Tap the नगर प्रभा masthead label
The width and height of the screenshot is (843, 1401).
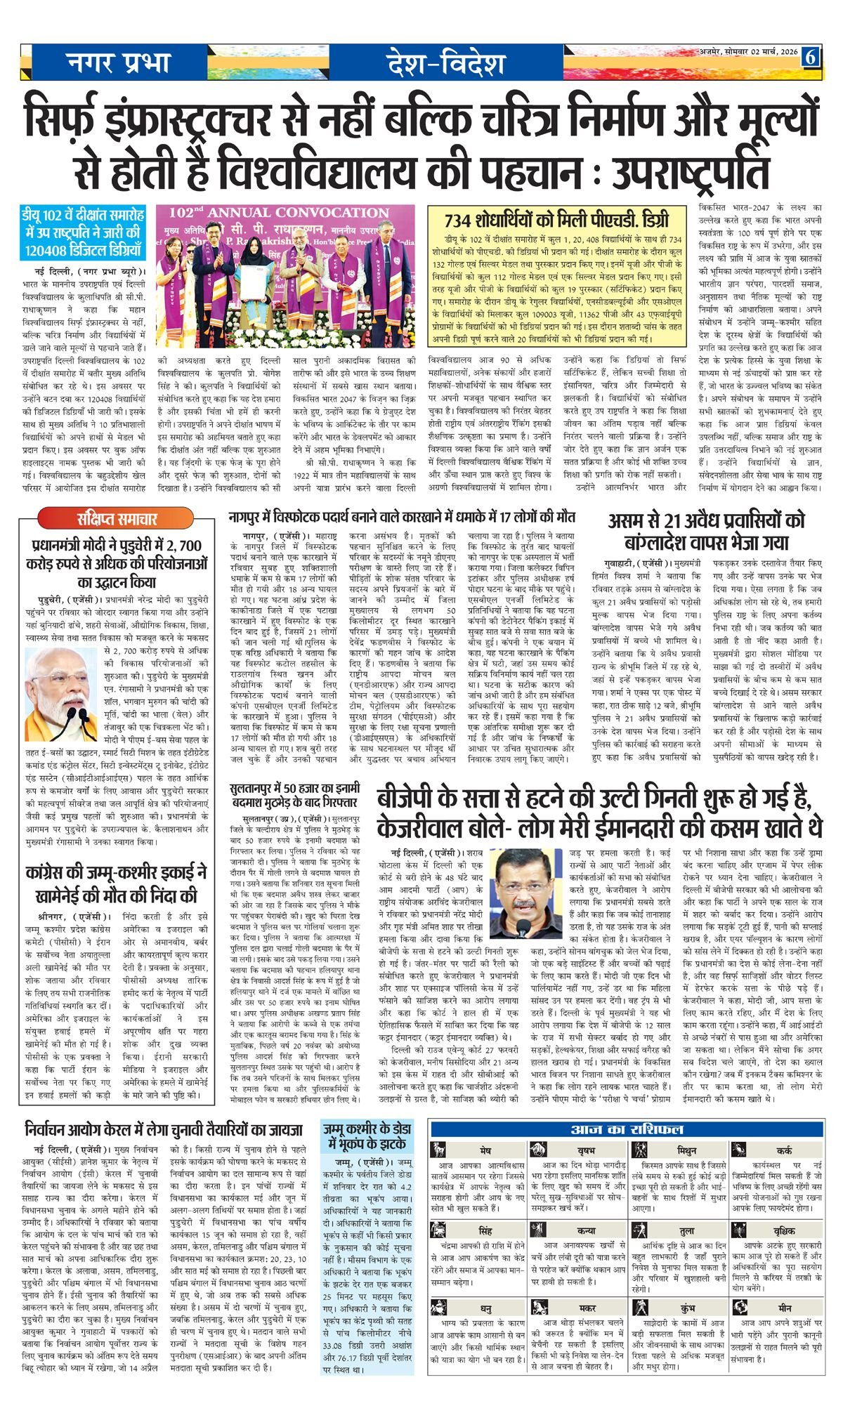pos(119,64)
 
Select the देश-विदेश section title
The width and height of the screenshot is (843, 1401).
pos(445,65)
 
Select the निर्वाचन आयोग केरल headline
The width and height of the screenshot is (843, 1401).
pos(163,1131)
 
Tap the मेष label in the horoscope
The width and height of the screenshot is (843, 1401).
pos(485,1152)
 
